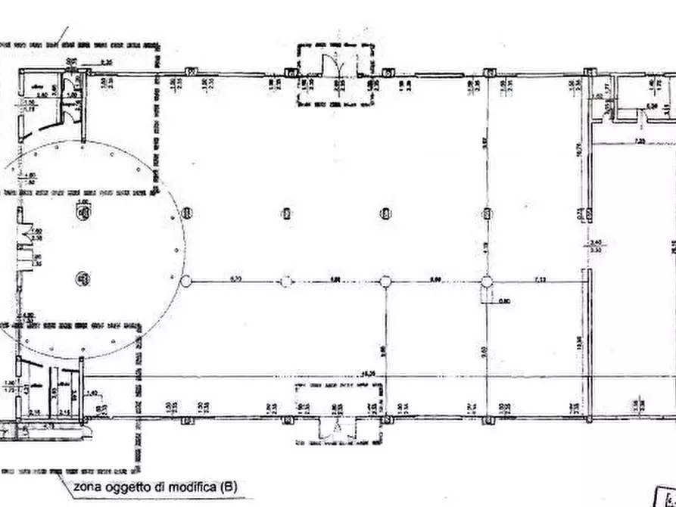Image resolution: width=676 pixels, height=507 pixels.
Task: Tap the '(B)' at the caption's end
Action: (226, 487)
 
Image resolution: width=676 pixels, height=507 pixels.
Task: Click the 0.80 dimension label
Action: (505, 301)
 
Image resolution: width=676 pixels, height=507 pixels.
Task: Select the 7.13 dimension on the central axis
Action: (540, 279)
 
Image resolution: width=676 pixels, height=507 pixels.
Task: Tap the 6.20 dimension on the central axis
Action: (235, 279)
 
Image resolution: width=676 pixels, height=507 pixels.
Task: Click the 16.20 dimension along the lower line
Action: (369, 373)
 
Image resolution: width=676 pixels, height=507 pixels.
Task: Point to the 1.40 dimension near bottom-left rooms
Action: (92, 392)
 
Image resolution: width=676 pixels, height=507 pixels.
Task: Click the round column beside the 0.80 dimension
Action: (487, 281)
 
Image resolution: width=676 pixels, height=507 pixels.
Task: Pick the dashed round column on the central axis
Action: (285, 281)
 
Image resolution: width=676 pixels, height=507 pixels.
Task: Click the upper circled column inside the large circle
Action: (81, 213)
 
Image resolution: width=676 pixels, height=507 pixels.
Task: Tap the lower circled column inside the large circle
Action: (81, 278)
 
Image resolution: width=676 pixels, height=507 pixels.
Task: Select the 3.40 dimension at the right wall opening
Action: (595, 242)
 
